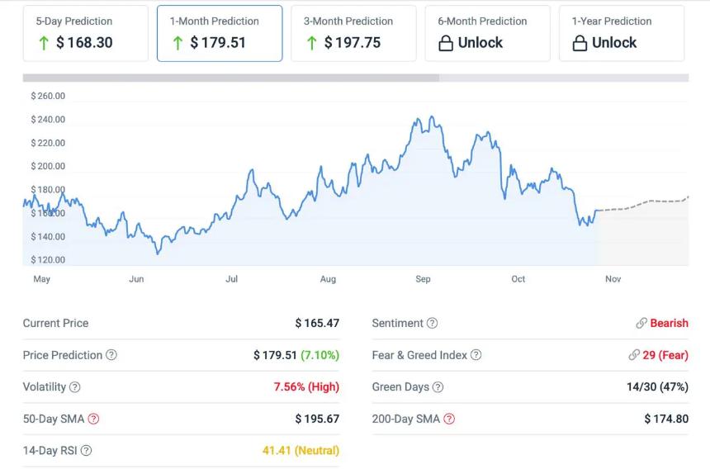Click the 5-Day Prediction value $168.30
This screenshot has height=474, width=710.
pyautogui.click(x=84, y=43)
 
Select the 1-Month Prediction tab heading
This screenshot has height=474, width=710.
pyautogui.click(x=214, y=21)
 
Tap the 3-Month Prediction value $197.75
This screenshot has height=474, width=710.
pyautogui.click(x=353, y=43)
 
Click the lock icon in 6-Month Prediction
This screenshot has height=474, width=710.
pyautogui.click(x=446, y=44)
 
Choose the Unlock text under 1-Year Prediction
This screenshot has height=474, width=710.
pyautogui.click(x=614, y=43)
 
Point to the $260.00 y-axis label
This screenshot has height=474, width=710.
pyautogui.click(x=48, y=96)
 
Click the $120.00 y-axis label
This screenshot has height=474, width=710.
pyautogui.click(x=48, y=260)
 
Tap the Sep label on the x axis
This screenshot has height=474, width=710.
pyautogui.click(x=423, y=279)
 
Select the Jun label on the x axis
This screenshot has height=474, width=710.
pyautogui.click(x=136, y=279)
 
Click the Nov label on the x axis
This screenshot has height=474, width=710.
pyautogui.click(x=613, y=279)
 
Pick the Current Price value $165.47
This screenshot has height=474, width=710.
pyautogui.click(x=317, y=324)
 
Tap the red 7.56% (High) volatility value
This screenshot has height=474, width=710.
pyautogui.click(x=306, y=386)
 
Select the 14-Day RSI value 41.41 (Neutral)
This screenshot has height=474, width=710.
pyautogui.click(x=301, y=451)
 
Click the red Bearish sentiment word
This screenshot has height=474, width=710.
pyautogui.click(x=669, y=324)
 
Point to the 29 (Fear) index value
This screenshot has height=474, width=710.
pyautogui.click(x=665, y=355)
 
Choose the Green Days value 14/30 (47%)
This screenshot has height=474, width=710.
pyautogui.click(x=657, y=386)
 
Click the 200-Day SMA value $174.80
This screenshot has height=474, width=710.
pyautogui.click(x=666, y=419)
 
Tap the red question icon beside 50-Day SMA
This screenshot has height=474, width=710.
pyautogui.click(x=93, y=419)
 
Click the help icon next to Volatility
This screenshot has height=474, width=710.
pyautogui.click(x=75, y=387)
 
